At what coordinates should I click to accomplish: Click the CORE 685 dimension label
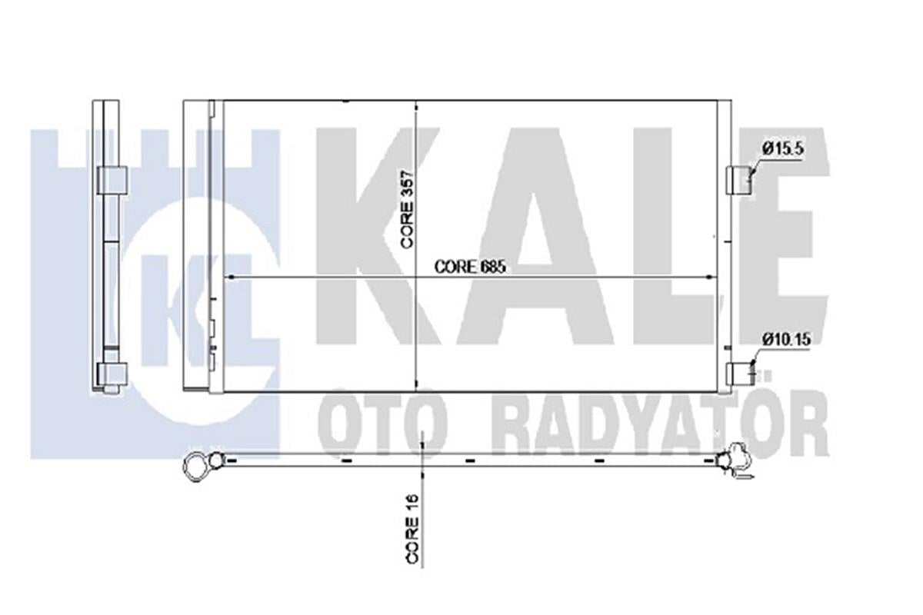click(470, 267)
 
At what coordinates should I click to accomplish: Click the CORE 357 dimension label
click(408, 209)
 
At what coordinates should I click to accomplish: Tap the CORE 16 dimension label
click(413, 529)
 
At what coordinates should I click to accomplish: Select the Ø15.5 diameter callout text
click(782, 148)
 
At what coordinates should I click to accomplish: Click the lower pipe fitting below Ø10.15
click(740, 374)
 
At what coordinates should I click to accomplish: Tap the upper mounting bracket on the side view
click(112, 181)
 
